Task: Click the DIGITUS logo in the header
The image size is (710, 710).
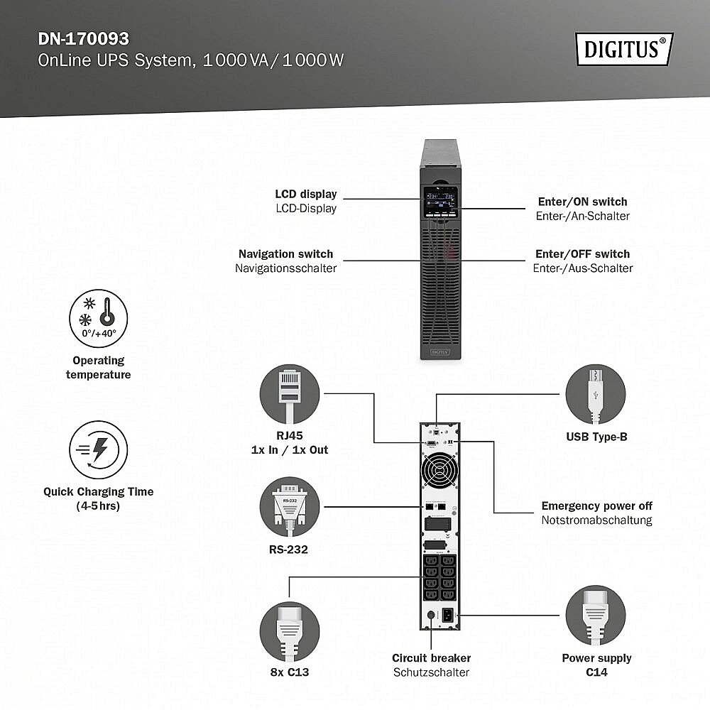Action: point(624,49)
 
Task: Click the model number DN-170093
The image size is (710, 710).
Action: point(83,39)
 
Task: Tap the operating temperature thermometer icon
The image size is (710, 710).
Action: point(98,319)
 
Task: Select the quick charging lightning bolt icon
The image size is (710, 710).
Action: point(98,449)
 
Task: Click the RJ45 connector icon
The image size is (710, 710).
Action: point(290,394)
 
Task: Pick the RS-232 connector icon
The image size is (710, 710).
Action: point(290,507)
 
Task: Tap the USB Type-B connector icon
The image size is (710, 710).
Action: point(596,394)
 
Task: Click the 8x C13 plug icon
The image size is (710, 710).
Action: point(290,631)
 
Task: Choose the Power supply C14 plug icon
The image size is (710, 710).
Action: point(596,616)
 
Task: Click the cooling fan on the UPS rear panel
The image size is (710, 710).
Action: point(439,470)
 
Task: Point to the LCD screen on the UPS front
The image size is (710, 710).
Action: point(440,202)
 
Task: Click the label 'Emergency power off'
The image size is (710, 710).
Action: point(597,506)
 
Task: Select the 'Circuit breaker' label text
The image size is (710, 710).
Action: point(431,658)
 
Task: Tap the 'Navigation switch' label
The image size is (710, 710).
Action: point(285,254)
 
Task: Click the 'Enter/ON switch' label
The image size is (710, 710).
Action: point(583,202)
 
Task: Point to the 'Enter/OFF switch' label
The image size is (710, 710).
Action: point(583,254)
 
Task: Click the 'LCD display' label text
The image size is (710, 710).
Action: point(306,195)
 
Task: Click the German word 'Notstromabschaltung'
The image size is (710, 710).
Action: point(597,520)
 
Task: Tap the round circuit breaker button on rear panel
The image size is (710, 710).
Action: point(431,615)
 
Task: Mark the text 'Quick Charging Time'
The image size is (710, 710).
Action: point(98,492)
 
